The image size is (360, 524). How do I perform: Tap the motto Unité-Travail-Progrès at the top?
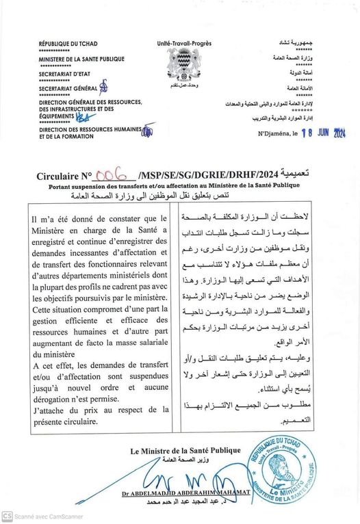point(183,43)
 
